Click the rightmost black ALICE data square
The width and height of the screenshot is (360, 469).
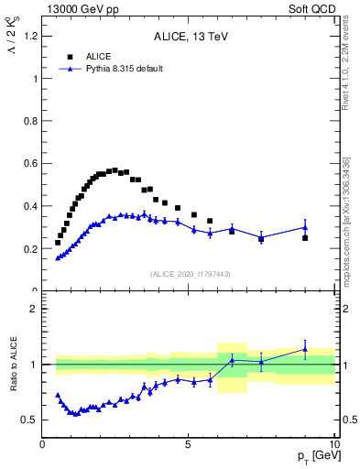(305, 238)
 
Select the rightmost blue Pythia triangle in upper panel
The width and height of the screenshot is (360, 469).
(305, 227)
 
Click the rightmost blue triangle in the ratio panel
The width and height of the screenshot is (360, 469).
(305, 349)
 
